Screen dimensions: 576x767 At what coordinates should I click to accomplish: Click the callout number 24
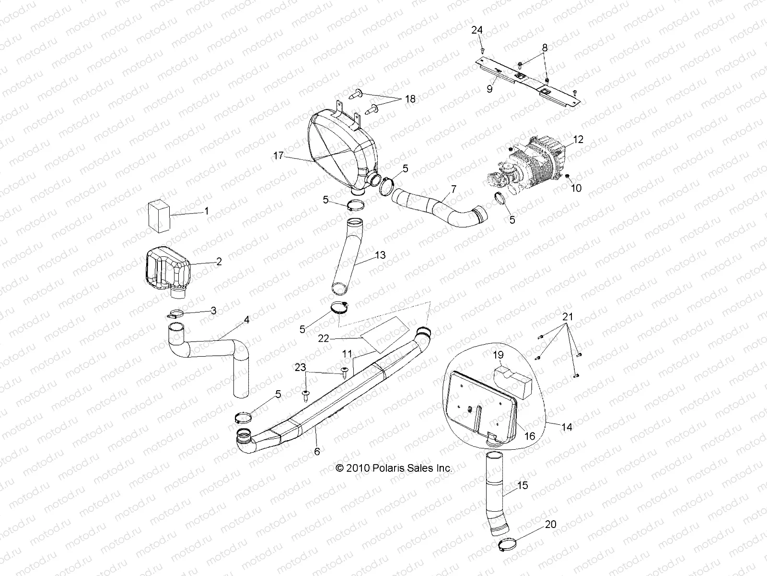pyautogui.click(x=476, y=30)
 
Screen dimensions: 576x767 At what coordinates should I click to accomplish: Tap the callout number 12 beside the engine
pyautogui.click(x=578, y=140)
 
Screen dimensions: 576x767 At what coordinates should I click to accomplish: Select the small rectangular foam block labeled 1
pyautogui.click(x=159, y=216)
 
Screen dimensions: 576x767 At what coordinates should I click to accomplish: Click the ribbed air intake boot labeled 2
pyautogui.click(x=167, y=268)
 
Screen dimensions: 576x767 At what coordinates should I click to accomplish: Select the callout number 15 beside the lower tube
pyautogui.click(x=523, y=485)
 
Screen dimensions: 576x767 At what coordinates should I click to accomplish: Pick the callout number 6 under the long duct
pyautogui.click(x=317, y=451)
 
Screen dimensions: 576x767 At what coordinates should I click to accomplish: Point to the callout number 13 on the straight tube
pyautogui.click(x=380, y=255)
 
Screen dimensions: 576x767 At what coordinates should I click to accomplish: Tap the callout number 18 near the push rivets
pyautogui.click(x=410, y=99)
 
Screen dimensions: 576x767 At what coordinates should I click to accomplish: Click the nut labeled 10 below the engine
pyautogui.click(x=567, y=177)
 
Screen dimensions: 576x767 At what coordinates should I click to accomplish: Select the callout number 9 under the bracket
pyautogui.click(x=490, y=90)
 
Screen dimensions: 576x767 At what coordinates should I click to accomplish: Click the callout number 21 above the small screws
pyautogui.click(x=567, y=317)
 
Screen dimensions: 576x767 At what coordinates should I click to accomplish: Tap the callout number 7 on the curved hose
pyautogui.click(x=453, y=189)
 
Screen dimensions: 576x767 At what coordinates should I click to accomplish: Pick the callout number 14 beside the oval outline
pyautogui.click(x=567, y=427)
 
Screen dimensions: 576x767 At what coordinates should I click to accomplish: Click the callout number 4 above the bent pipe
pyautogui.click(x=246, y=320)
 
